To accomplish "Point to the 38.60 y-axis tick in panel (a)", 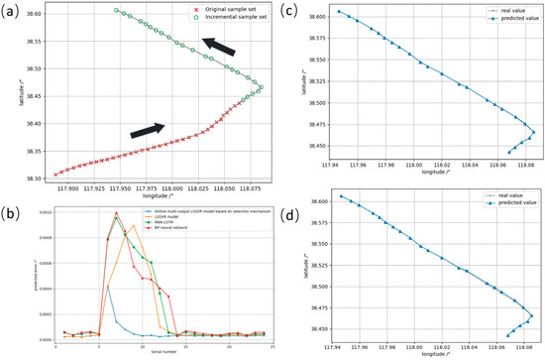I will click(41, 15).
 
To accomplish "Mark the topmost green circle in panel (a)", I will click(117, 11).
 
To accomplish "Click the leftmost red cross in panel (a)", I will click(55, 174).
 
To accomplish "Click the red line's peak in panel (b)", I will click(117, 213).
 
